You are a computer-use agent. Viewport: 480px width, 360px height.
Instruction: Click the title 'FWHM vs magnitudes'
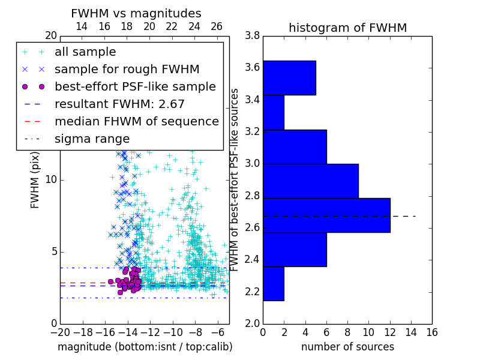[136, 14]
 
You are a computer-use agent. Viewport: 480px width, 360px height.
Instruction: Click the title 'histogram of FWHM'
[347, 28]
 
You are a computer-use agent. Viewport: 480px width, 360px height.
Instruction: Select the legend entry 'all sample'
[85, 52]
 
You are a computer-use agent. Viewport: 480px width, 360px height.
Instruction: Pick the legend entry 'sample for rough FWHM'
[127, 69]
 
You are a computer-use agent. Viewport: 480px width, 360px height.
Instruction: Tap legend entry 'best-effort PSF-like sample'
[135, 86]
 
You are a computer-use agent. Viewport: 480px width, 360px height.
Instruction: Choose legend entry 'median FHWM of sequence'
[136, 121]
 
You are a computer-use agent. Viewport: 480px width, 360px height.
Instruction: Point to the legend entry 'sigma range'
[92, 139]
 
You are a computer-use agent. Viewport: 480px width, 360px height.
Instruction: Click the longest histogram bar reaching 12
[326, 215]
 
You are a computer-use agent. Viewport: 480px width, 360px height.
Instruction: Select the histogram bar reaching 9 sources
[310, 181]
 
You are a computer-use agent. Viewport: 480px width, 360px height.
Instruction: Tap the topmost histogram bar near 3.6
[289, 77]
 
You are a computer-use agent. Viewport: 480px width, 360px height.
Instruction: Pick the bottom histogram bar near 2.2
[273, 283]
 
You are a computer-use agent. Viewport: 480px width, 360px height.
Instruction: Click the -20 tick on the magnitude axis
[60, 332]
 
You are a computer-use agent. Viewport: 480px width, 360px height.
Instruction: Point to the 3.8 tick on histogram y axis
[252, 36]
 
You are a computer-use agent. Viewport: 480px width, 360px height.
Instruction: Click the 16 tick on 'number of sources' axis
[431, 332]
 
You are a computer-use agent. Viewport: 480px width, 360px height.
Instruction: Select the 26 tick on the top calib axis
[217, 26]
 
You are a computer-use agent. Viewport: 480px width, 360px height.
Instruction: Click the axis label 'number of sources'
[347, 347]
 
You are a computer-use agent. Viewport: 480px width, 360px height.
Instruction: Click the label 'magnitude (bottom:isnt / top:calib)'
[145, 347]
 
